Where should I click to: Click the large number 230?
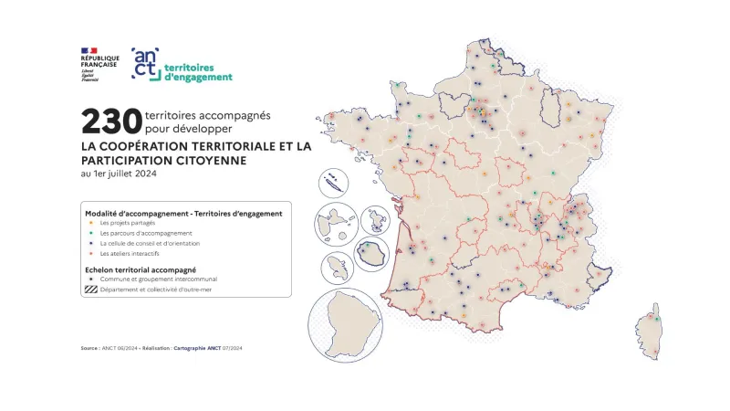coord(110,122)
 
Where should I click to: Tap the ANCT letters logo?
coord(146,65)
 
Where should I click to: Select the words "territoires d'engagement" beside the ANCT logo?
coord(203,72)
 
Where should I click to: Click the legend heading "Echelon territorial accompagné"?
coord(141,269)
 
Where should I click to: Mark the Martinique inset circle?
coord(337,269)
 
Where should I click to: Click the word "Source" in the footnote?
coord(89,348)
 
